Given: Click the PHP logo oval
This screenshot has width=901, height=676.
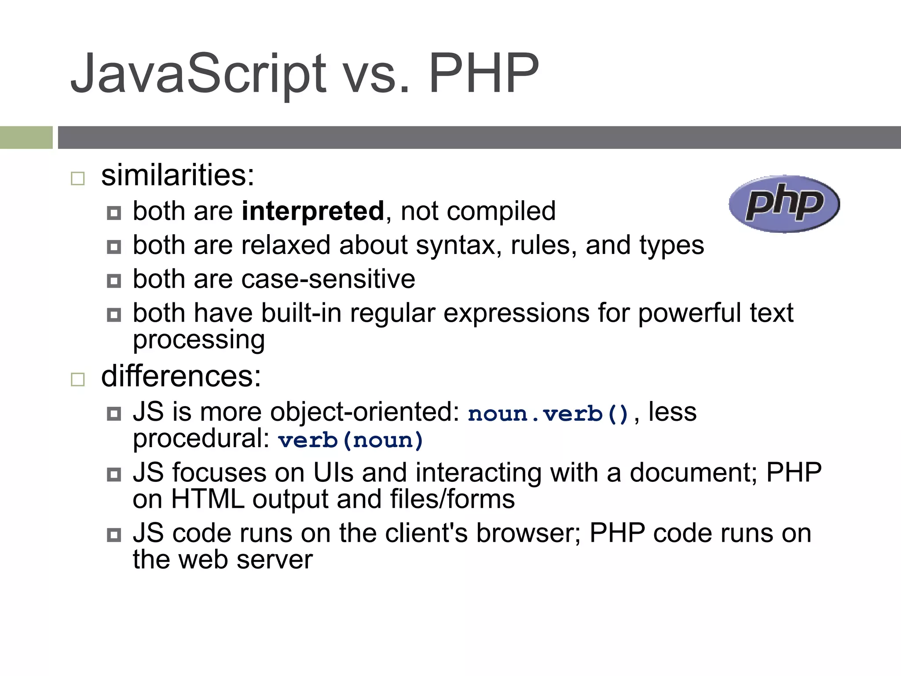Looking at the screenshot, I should (x=784, y=204).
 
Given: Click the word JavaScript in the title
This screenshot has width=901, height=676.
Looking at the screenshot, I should (x=198, y=74).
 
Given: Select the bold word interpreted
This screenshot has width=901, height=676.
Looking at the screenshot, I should (x=313, y=211).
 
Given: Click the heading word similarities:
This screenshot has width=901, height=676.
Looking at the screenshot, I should (x=178, y=175).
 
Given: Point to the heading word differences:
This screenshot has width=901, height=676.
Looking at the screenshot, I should (x=181, y=376).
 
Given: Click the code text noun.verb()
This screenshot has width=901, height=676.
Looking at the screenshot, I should (x=548, y=414).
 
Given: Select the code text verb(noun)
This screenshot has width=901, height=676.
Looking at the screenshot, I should (x=351, y=440).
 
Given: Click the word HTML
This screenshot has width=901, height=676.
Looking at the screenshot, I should (x=208, y=499).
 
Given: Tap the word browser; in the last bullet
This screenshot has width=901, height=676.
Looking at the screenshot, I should (x=528, y=533).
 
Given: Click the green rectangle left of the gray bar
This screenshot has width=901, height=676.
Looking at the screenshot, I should (x=26, y=137).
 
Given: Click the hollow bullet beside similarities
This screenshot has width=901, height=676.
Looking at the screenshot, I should (x=78, y=178).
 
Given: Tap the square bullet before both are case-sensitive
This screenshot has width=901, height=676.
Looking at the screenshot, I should (x=114, y=281).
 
